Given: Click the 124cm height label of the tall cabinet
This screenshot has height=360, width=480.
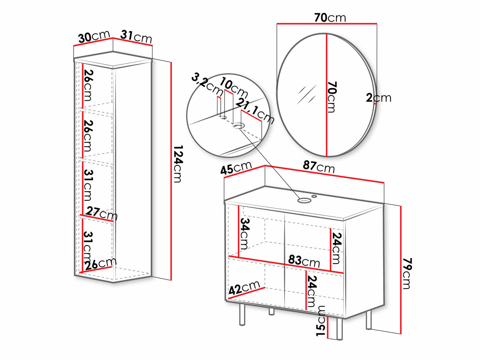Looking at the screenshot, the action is point(178,164).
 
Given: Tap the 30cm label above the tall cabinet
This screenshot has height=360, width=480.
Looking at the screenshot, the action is point(94,37).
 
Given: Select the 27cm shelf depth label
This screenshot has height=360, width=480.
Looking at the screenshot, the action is point(102,213).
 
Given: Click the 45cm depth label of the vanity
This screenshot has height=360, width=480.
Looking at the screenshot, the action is point(236,168).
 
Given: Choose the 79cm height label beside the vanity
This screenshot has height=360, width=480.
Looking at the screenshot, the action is point(407,273).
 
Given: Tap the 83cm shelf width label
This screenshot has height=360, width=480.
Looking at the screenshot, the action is point(304,261).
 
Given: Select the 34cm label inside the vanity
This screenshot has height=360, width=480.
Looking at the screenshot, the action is point(245,234).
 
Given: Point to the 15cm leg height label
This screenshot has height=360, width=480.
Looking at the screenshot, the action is point(321,321).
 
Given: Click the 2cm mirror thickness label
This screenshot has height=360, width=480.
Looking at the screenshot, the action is point(378,98).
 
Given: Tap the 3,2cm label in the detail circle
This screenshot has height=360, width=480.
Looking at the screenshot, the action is point(207,85).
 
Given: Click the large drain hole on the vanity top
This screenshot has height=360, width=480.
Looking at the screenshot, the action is point(304,200).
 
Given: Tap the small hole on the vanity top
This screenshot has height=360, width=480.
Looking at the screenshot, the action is point(314,196).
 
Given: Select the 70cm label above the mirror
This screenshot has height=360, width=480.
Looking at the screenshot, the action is point(330,18).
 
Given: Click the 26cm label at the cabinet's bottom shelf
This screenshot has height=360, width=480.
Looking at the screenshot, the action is point(100,264).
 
